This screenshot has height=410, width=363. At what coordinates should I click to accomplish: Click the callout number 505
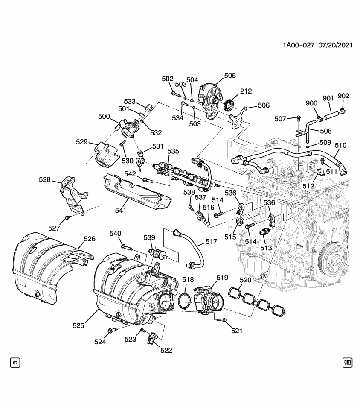(230, 76)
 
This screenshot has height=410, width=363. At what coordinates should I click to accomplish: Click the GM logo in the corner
(347, 363)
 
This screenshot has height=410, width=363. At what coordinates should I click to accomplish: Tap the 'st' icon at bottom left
(15, 363)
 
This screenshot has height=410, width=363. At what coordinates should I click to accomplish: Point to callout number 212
(246, 91)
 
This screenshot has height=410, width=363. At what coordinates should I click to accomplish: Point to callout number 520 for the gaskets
(245, 281)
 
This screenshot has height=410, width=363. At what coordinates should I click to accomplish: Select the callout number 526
(89, 239)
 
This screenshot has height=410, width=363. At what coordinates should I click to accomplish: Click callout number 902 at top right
(343, 96)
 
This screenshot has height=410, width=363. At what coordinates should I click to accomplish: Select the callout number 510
(340, 146)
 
